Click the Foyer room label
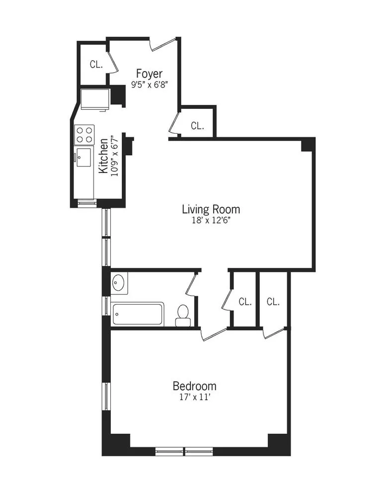point(149,74)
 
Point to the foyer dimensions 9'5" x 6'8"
point(149,84)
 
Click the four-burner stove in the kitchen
point(84,134)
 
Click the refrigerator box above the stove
point(95,99)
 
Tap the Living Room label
point(211,209)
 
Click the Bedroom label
point(194,386)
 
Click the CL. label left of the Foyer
point(96,64)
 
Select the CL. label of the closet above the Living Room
point(197,126)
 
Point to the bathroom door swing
point(191,285)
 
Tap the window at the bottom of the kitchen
point(87,202)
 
